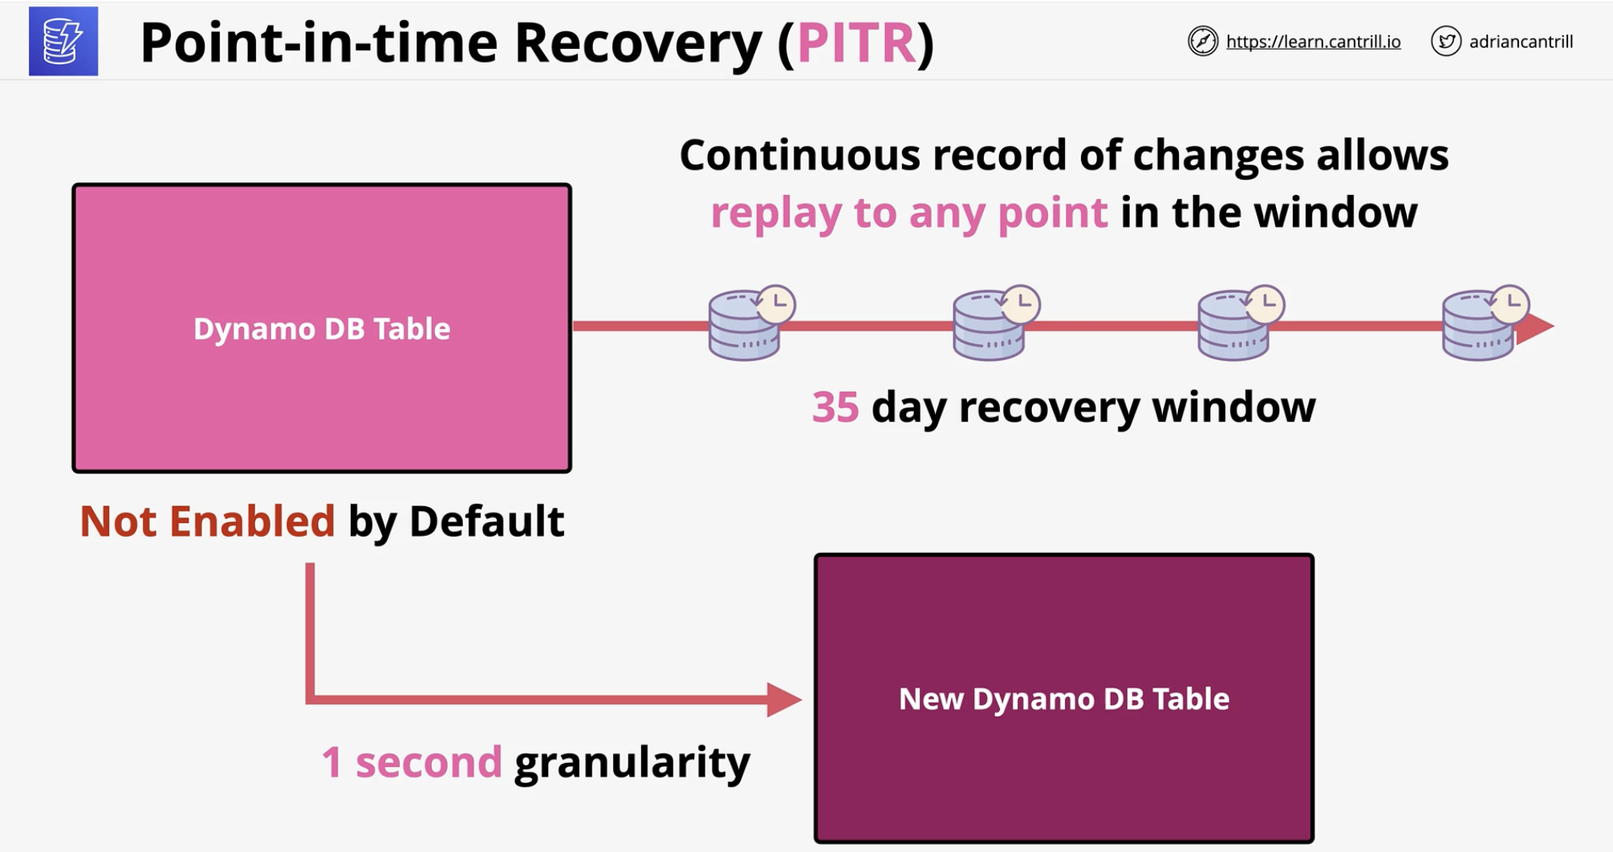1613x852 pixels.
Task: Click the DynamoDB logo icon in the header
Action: click(63, 42)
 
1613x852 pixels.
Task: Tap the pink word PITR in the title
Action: click(856, 43)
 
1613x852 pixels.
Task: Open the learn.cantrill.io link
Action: click(1313, 42)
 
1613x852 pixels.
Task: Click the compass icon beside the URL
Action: click(1202, 41)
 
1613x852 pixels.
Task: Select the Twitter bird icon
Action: click(1446, 41)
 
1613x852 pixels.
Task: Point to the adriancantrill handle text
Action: click(1521, 42)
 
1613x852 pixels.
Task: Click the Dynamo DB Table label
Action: click(322, 329)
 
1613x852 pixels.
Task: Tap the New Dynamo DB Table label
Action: click(1064, 699)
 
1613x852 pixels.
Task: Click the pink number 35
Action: click(835, 407)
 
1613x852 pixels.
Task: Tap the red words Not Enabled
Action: click(207, 521)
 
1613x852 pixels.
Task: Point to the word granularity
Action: click(632, 763)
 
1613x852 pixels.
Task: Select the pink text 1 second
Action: click(412, 762)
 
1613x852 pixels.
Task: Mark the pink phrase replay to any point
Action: click(909, 213)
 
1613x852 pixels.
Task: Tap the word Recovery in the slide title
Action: click(638, 43)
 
